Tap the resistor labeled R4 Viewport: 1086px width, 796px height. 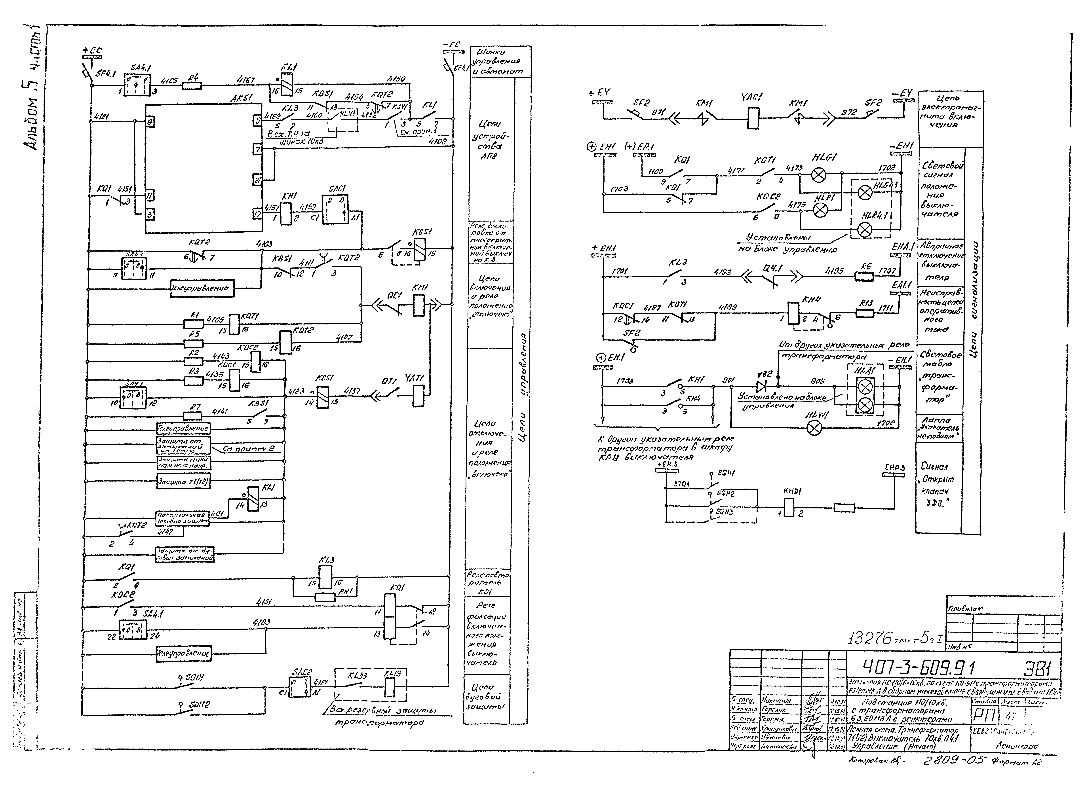(x=192, y=86)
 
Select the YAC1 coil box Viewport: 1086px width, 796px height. (x=753, y=117)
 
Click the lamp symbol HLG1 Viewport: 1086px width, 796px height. (x=818, y=175)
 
